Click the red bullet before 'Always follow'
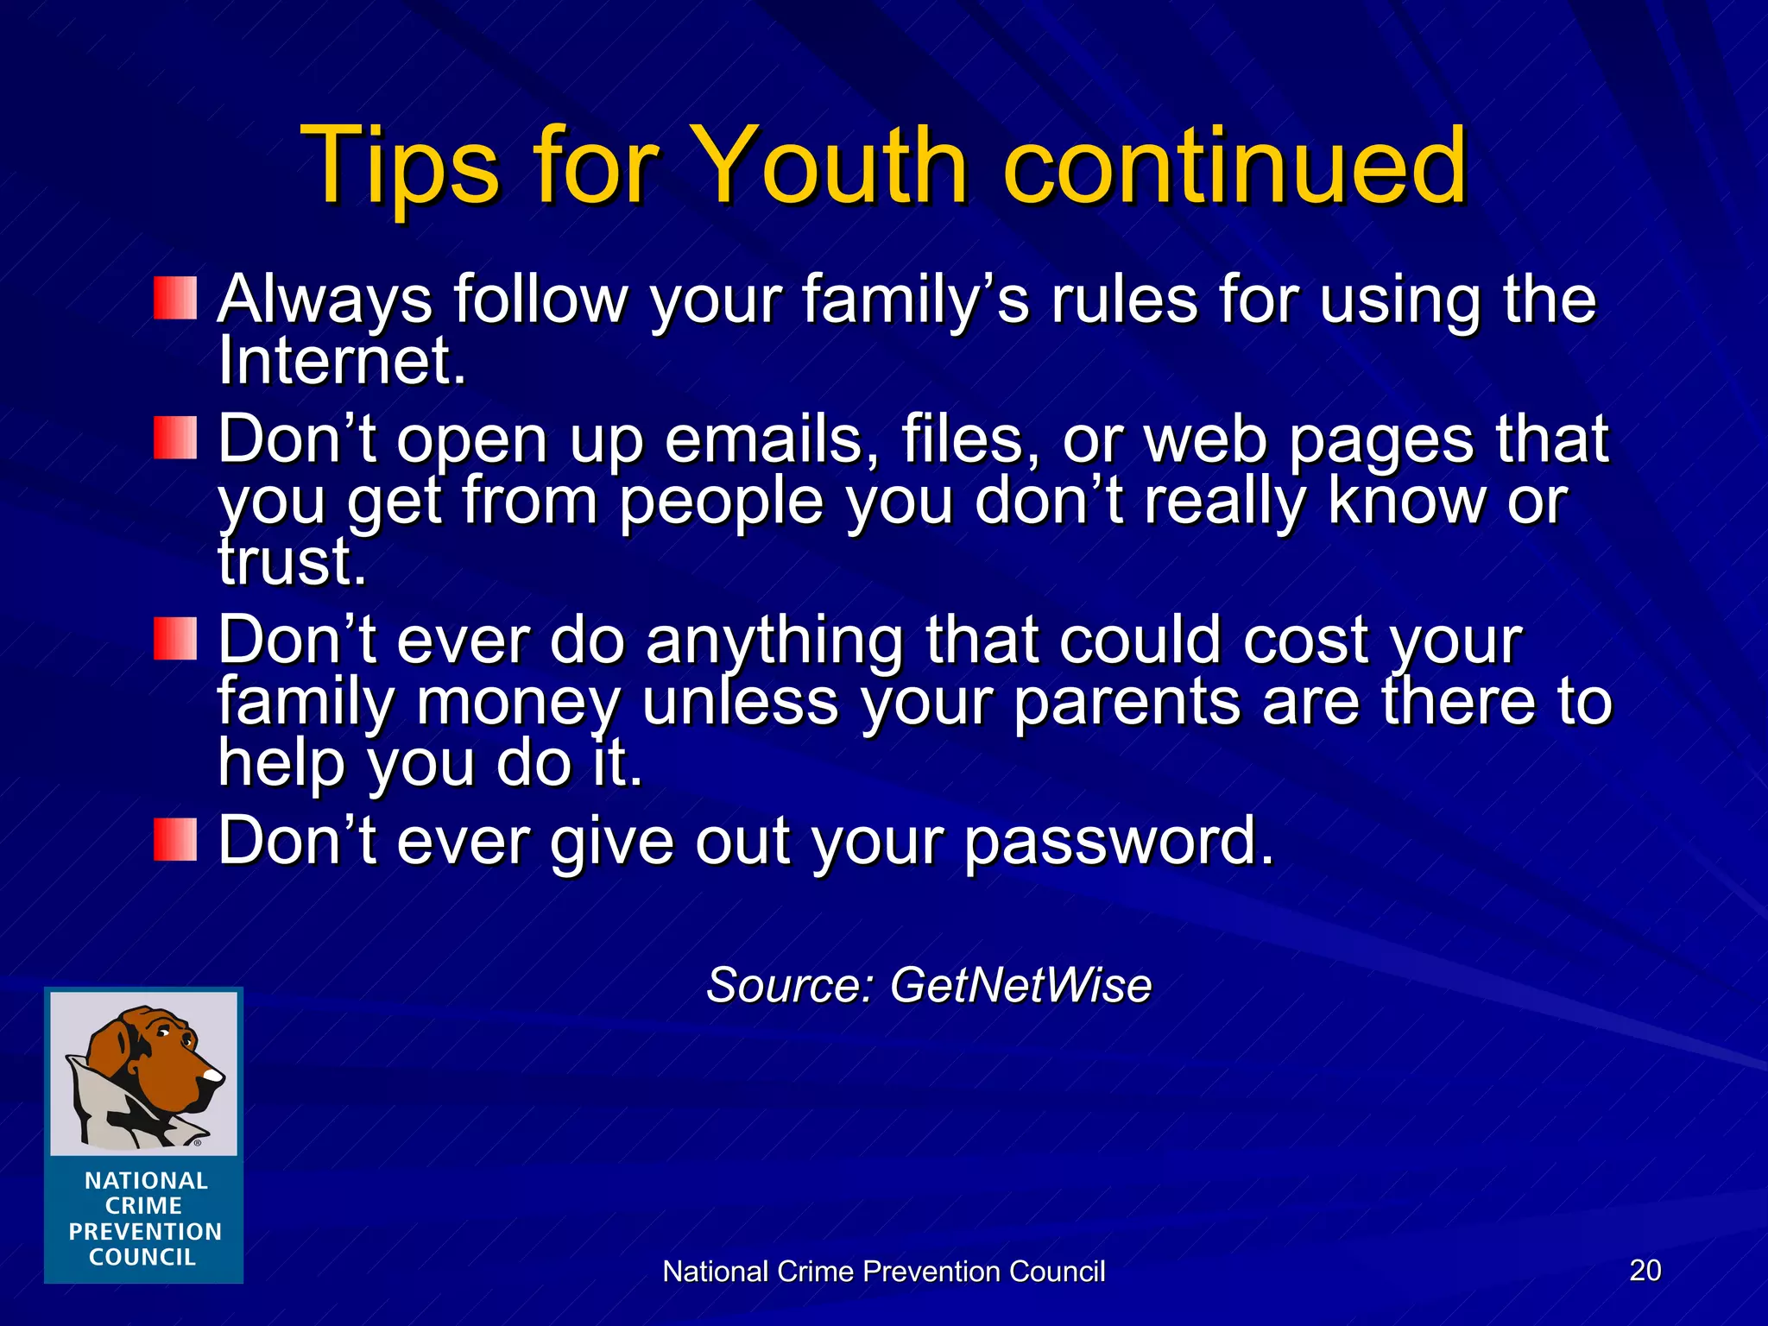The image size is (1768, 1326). [175, 299]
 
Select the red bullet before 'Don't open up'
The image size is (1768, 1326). [175, 438]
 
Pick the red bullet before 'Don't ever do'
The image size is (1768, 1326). [175, 639]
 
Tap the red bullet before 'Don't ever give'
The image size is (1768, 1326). [175, 840]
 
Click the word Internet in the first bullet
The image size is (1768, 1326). [342, 361]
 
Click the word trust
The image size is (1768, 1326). [292, 562]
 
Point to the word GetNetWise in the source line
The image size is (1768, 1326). [1020, 985]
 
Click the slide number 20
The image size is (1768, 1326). [1645, 1270]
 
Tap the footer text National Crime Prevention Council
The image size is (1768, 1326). [883, 1272]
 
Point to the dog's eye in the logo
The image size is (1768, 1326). [164, 1032]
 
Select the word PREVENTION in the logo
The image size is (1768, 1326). [145, 1232]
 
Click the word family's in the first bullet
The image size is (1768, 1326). [915, 300]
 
